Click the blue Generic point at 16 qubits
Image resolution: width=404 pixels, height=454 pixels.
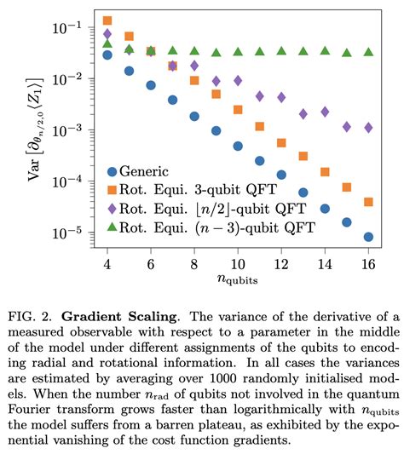[367, 237]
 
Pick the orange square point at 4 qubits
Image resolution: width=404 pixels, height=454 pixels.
[107, 20]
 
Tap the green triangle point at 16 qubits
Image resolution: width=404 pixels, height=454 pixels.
[367, 52]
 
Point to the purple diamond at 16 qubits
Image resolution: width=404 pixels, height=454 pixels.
[367, 127]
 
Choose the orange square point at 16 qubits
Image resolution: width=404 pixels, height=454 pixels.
[367, 202]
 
